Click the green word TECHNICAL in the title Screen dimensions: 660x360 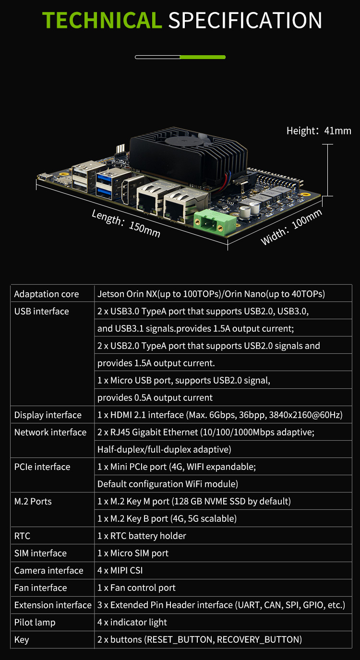click(x=102, y=21)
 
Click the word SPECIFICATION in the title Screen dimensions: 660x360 click(x=245, y=21)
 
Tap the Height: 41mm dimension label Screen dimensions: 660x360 click(x=319, y=131)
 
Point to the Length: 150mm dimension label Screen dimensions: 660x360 click(x=126, y=223)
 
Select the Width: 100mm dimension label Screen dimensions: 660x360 click(x=291, y=227)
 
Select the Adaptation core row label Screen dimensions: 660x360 click(x=47, y=294)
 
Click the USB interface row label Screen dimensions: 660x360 click(x=42, y=311)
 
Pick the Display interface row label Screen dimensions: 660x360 click(x=48, y=415)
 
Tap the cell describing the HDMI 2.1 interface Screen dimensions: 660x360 click(x=220, y=415)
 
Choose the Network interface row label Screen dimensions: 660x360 click(x=50, y=432)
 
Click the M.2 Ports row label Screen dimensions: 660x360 click(x=33, y=501)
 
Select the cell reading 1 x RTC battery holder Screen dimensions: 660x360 click(x=142, y=536)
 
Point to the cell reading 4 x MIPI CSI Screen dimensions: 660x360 click(x=120, y=570)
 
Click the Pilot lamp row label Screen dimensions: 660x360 click(x=35, y=622)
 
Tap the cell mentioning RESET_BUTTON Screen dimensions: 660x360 click(x=200, y=639)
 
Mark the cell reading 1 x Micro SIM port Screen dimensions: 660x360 click(x=133, y=553)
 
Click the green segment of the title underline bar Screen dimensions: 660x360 click(x=203, y=57)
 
